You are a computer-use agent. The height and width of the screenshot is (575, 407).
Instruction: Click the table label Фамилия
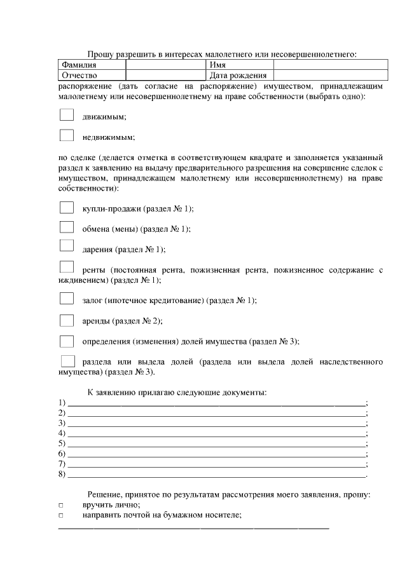(x=79, y=65)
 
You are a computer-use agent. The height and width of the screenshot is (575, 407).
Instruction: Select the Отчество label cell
(x=78, y=76)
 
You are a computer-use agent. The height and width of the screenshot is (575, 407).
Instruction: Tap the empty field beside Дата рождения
(x=330, y=76)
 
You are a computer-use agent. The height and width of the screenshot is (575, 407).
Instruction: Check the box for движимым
(x=67, y=115)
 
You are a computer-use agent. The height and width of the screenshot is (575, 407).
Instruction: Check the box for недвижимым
(x=67, y=135)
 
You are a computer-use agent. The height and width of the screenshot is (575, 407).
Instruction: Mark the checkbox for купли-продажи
(x=67, y=207)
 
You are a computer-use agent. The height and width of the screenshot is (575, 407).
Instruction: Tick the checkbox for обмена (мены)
(x=67, y=227)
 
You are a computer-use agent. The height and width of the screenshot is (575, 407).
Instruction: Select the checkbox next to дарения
(x=67, y=247)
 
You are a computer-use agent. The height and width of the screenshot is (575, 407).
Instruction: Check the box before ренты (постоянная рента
(x=67, y=267)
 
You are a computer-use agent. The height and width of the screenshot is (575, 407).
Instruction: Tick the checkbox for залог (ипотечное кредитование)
(x=67, y=298)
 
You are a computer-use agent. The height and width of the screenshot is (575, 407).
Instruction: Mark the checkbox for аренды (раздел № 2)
(x=67, y=320)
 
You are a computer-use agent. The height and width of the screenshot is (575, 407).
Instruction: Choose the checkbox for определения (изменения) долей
(x=67, y=341)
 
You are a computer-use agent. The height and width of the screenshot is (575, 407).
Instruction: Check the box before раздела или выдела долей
(x=67, y=361)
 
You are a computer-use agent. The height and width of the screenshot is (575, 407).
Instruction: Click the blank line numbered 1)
(x=216, y=402)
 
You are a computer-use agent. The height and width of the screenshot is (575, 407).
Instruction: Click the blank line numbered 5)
(x=216, y=443)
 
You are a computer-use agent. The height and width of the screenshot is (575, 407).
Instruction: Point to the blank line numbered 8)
(x=216, y=473)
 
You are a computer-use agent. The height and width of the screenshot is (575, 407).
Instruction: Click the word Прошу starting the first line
(x=99, y=55)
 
